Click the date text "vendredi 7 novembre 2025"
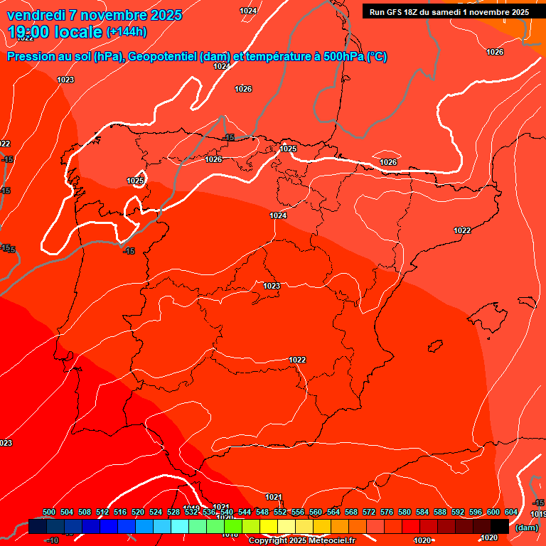(x=94, y=15)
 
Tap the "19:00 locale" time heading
(x=55, y=31)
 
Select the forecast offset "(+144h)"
(x=127, y=32)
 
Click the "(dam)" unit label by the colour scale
(x=525, y=528)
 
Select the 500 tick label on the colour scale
(x=49, y=512)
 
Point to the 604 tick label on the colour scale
(x=510, y=512)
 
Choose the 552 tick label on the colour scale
(x=280, y=512)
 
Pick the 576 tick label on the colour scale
(x=387, y=512)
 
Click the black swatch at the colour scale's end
(x=499, y=526)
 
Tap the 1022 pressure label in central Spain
(x=297, y=360)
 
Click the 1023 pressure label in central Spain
(x=271, y=286)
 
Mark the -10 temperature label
(x=51, y=540)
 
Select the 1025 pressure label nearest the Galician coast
(x=135, y=181)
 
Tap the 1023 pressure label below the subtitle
(x=65, y=80)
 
